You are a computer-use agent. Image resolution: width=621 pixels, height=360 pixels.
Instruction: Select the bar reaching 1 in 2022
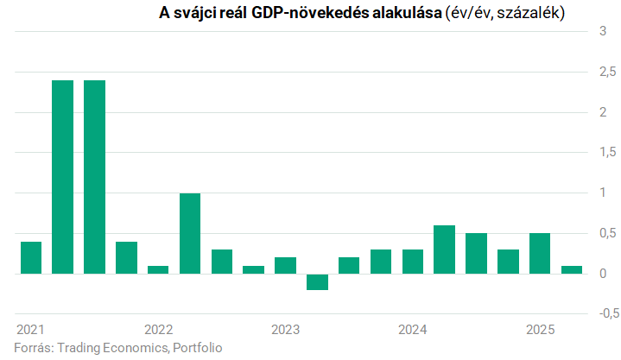coord(190,233)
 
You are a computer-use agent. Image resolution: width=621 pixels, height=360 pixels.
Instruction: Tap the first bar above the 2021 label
coord(31,257)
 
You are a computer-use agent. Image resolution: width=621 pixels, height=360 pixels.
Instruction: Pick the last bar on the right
coord(571,269)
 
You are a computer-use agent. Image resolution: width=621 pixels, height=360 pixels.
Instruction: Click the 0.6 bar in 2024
coord(444,249)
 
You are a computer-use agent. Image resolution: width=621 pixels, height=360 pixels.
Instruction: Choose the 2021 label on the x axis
coord(31,330)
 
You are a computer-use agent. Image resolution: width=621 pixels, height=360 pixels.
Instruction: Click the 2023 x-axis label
coord(285,330)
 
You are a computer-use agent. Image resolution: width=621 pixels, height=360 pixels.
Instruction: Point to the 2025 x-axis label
coord(540,330)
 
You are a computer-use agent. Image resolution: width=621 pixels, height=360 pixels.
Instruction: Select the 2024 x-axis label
coord(413,330)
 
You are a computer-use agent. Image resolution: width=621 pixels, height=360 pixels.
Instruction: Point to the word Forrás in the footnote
coord(33,348)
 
